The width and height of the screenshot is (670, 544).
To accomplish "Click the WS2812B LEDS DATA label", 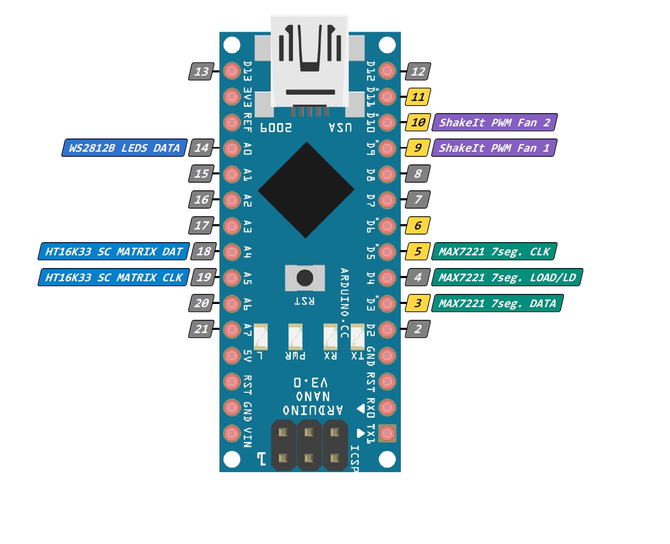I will (x=124, y=148).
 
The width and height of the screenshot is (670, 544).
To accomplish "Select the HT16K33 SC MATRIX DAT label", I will (x=114, y=252).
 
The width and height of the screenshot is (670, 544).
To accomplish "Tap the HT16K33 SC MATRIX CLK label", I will (x=114, y=278).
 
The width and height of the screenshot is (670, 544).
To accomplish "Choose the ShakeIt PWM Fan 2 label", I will (x=494, y=123).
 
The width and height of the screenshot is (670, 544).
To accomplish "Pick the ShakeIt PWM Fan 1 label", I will (x=494, y=148).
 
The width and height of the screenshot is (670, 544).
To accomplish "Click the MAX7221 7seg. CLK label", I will (x=494, y=252).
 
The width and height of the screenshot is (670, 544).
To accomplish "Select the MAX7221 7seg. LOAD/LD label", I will (x=507, y=278).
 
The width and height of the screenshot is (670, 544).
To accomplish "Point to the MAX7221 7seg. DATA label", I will (x=497, y=303).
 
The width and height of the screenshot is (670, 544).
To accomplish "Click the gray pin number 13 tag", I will (x=201, y=71).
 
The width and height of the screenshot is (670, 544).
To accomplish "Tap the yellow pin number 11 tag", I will (x=418, y=97).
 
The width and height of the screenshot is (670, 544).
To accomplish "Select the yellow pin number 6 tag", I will (x=418, y=226).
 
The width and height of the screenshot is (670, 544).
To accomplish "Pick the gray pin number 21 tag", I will (x=201, y=329).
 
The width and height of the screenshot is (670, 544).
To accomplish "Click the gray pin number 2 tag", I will (x=418, y=329).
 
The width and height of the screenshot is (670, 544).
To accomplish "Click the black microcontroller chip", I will (x=306, y=189).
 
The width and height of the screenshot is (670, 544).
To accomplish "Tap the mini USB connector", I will (x=310, y=63).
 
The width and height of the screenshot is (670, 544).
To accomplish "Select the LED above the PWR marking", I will (x=295, y=337).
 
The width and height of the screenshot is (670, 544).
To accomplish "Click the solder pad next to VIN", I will (x=232, y=433).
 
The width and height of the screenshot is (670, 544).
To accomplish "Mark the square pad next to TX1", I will (x=387, y=433).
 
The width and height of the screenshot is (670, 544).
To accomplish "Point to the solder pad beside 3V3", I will (x=232, y=97).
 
